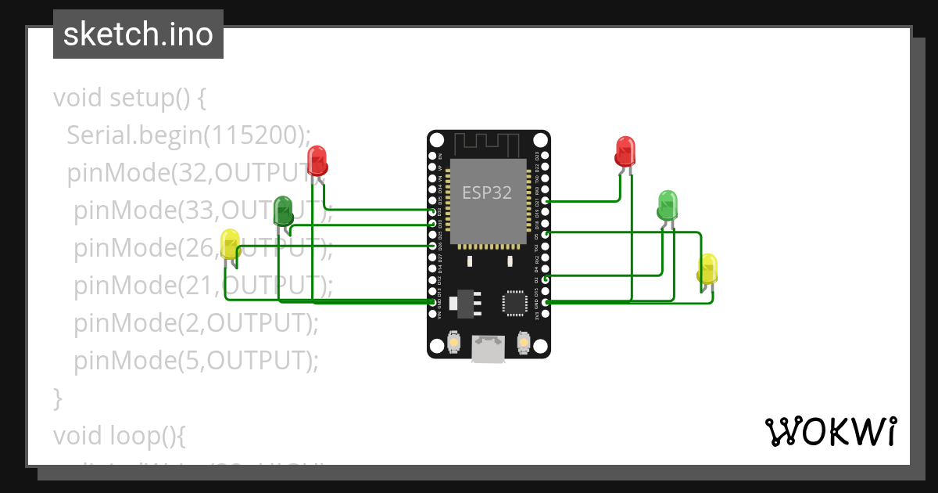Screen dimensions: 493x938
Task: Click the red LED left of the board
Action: point(317,160)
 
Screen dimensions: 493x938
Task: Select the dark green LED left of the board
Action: point(283,211)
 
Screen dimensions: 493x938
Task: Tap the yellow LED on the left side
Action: point(230,244)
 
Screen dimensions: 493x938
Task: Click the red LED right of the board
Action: point(625,151)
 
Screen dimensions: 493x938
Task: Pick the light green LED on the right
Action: point(668,204)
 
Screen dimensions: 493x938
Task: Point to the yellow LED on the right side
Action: point(707,268)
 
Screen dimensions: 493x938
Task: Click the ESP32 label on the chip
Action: point(488,193)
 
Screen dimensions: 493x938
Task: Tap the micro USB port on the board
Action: point(489,350)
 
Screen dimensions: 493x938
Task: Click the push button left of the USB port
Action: point(453,342)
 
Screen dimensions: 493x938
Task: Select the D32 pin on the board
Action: point(433,211)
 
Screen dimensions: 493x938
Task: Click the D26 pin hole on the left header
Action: point(433,246)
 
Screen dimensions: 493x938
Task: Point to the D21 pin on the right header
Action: point(545,201)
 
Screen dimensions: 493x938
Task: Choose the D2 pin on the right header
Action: point(545,278)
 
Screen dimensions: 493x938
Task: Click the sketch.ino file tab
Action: point(138,34)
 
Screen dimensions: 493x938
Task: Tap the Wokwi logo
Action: point(830,431)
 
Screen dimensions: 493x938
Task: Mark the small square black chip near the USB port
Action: point(515,303)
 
